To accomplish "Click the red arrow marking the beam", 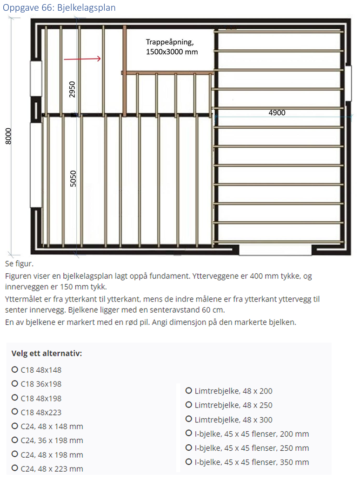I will tap(82, 59).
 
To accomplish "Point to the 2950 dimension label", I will tap(72, 89).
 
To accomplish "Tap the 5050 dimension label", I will tap(72, 179).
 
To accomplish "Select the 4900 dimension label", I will tap(277, 112).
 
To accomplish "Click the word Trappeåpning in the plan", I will tap(167, 42).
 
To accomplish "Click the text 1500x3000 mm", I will tap(172, 52).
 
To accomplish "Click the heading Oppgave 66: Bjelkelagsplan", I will tap(59, 7).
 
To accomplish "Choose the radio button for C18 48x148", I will tap(15, 370).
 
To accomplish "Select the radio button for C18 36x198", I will tap(15, 384).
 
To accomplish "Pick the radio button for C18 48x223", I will tap(15, 412).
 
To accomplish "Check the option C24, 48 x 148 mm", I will tap(15, 426).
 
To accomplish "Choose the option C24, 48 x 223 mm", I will tap(15, 468).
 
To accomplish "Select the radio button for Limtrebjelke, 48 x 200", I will tap(189, 391).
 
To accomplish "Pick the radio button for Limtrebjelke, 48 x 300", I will tap(189, 420).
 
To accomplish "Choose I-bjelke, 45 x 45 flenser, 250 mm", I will tap(189, 448).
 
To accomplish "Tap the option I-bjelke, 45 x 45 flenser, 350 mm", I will tap(189, 462).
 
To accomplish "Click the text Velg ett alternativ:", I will tap(47, 353).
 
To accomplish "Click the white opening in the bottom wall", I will tap(275, 250).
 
